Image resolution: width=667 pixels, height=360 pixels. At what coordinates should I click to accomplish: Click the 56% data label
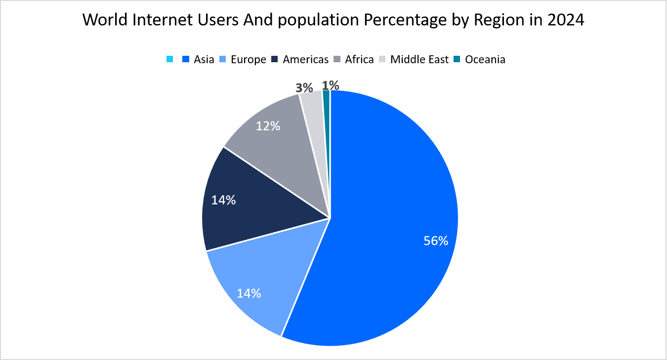pyautogui.click(x=436, y=241)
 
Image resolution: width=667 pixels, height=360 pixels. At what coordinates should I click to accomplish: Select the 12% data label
pyautogui.click(x=268, y=126)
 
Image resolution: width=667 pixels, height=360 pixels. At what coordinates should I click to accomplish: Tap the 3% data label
pyautogui.click(x=304, y=88)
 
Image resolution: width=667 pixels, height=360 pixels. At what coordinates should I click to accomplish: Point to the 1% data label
pyautogui.click(x=330, y=85)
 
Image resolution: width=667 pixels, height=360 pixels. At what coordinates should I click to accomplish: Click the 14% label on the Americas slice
pyautogui.click(x=223, y=200)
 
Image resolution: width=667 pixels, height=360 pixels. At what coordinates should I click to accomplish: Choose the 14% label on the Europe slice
pyautogui.click(x=249, y=293)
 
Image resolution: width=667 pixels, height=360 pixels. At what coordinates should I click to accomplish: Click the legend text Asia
pyautogui.click(x=204, y=60)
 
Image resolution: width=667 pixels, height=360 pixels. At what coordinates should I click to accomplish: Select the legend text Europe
pyautogui.click(x=249, y=60)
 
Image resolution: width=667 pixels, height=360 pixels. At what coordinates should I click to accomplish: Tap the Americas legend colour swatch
pyautogui.click(x=275, y=60)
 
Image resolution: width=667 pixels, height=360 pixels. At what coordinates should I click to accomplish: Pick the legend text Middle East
pyautogui.click(x=419, y=60)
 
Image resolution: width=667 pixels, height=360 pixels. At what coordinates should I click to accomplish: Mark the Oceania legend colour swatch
pyautogui.click(x=457, y=60)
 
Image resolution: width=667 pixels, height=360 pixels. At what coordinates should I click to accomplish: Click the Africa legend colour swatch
pyautogui.click(x=337, y=60)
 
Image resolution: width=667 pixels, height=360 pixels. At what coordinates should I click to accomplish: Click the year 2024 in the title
pyautogui.click(x=566, y=20)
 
